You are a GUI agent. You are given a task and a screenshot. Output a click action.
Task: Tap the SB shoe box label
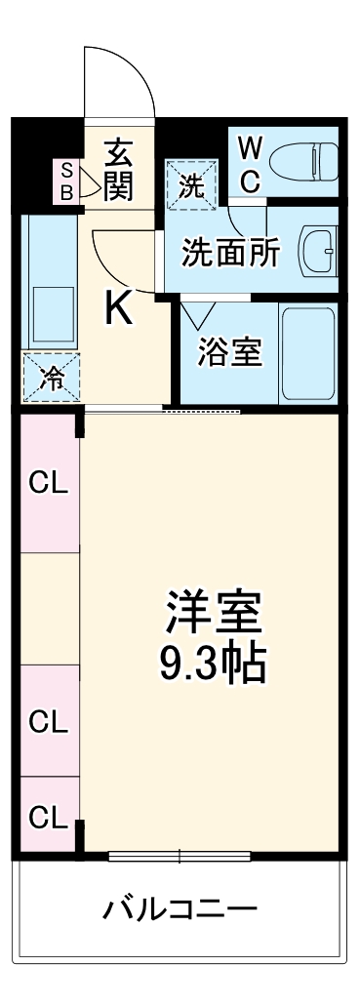[67, 181]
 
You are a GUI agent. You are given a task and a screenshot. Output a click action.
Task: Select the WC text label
[250, 164]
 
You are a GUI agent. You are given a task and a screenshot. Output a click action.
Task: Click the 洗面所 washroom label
[231, 253]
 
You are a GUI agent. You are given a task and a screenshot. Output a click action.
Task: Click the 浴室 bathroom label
[229, 352]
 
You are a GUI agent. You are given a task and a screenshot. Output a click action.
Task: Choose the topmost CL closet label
[48, 482]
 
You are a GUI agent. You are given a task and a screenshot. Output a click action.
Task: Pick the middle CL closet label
[48, 722]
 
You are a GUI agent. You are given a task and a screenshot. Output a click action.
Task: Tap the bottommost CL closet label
[48, 815]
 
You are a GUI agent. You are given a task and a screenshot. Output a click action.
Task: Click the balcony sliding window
[180, 857]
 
